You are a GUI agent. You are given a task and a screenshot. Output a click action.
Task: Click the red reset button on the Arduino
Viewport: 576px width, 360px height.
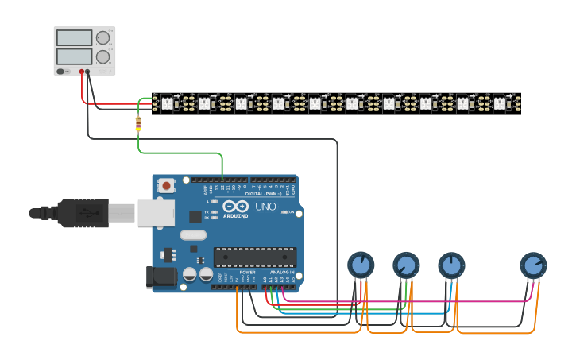(x=167, y=186)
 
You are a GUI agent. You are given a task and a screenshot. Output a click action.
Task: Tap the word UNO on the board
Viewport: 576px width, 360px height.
(x=265, y=207)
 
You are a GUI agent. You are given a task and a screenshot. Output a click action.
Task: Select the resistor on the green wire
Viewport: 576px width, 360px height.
(x=138, y=123)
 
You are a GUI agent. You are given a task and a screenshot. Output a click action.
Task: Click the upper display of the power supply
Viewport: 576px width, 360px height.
(x=74, y=37)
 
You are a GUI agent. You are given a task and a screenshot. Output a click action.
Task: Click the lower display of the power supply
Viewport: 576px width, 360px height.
(x=74, y=56)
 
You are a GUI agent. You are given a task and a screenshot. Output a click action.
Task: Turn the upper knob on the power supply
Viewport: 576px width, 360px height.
(x=102, y=37)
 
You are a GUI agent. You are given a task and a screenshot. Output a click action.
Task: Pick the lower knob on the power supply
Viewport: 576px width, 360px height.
(x=102, y=56)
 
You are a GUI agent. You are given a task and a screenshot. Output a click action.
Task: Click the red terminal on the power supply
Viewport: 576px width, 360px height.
(x=81, y=72)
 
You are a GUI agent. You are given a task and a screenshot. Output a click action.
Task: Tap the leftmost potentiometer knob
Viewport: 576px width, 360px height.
(x=360, y=265)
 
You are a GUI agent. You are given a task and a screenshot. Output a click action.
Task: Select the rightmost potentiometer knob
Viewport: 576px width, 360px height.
(x=533, y=265)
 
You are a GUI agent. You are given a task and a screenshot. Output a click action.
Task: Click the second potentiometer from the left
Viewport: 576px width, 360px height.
(x=405, y=265)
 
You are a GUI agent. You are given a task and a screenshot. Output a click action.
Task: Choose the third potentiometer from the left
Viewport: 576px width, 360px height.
(x=450, y=265)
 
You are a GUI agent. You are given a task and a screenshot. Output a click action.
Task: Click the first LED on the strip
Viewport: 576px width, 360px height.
(x=167, y=103)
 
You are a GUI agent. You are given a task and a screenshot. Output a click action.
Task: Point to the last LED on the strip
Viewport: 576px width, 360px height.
(x=499, y=103)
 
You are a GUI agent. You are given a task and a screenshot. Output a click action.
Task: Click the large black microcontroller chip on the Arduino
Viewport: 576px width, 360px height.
(x=254, y=257)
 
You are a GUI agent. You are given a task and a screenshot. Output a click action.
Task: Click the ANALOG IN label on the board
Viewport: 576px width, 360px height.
(x=280, y=272)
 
